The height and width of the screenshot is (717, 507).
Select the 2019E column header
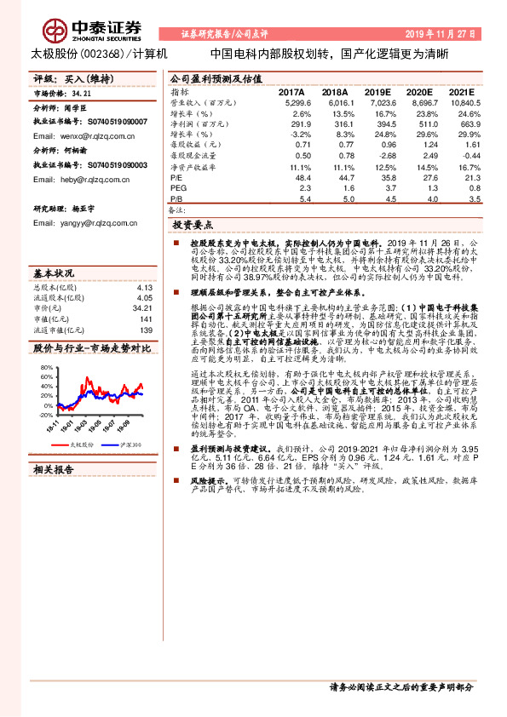[x=377, y=91]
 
